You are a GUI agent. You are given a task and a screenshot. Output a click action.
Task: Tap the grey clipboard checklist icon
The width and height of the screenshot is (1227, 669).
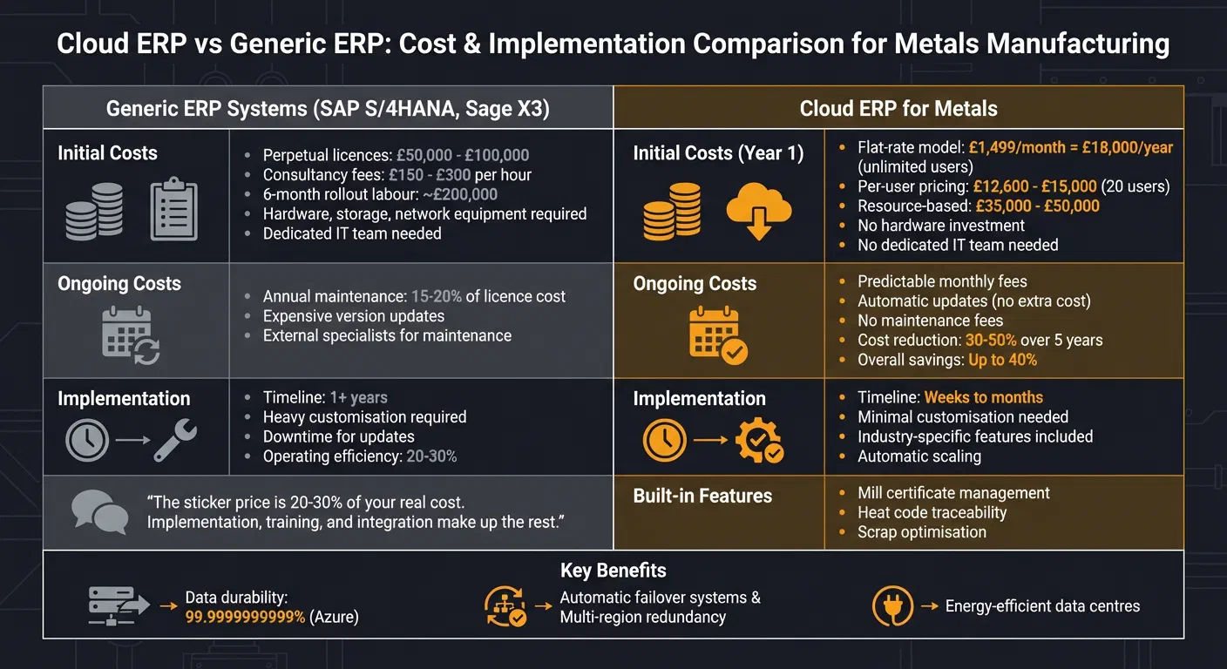tap(173, 210)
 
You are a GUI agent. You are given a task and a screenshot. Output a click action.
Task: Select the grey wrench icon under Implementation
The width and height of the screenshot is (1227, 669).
tap(176, 441)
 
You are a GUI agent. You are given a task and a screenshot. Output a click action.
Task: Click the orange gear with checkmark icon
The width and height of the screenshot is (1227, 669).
tap(759, 441)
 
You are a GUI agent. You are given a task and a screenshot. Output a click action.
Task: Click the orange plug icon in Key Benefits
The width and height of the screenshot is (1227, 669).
tap(892, 606)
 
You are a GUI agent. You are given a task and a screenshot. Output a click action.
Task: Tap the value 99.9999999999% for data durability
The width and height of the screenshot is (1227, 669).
tap(245, 617)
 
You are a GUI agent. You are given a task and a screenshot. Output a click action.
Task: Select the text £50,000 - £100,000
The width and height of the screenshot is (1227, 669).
tap(462, 155)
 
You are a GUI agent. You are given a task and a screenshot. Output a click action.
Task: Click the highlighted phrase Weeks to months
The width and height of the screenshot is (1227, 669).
tap(983, 397)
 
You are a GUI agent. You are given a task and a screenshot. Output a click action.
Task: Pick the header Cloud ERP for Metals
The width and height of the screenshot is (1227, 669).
tap(898, 109)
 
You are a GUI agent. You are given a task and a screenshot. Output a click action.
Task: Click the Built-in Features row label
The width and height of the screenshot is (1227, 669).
tap(702, 496)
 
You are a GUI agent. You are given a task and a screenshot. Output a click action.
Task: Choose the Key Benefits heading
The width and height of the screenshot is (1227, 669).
tap(613, 571)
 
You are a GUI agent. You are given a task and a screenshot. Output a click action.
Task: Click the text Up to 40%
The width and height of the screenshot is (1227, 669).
tap(1002, 359)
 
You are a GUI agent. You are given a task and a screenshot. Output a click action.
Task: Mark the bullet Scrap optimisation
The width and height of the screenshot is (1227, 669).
tap(921, 531)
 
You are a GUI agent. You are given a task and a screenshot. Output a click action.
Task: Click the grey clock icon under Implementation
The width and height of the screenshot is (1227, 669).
tap(87, 441)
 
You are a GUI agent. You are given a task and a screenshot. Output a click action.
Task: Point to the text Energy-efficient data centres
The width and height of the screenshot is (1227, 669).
tap(1042, 606)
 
